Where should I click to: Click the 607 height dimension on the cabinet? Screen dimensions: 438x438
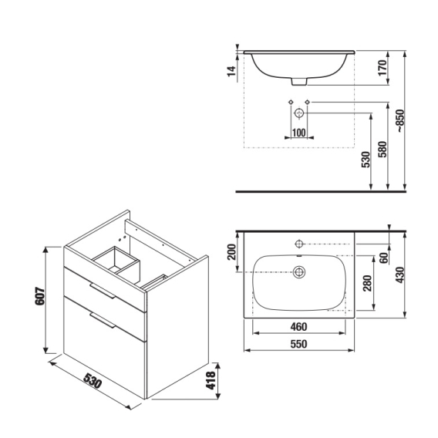40,296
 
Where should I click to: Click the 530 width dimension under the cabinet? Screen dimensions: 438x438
93,380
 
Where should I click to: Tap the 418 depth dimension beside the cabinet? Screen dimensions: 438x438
211,380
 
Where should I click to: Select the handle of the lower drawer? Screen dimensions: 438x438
103,320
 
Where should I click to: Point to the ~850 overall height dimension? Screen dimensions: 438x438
400,120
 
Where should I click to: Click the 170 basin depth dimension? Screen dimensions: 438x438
382,68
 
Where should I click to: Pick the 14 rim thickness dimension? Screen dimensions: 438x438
231,71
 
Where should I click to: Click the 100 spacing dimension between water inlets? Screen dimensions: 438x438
299,133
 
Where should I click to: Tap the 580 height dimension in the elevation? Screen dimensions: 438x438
382,150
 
